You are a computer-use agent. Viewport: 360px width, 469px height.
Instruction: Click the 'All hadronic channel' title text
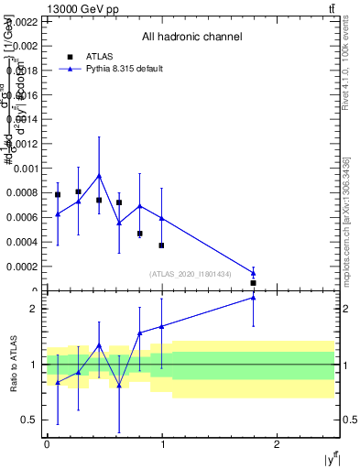click(x=191, y=38)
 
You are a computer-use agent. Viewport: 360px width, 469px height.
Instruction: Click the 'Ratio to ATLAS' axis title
click(x=14, y=365)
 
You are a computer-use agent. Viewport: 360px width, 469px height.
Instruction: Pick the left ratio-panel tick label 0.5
click(x=29, y=420)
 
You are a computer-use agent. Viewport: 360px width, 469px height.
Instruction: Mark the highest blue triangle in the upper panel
click(x=99, y=175)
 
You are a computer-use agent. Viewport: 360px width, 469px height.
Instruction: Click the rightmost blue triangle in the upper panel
click(x=253, y=272)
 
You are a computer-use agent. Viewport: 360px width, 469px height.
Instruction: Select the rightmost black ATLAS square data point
click(x=253, y=283)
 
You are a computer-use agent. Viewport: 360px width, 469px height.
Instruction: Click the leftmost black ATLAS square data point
click(x=58, y=194)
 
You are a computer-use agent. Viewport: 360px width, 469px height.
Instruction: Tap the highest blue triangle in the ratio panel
click(x=253, y=297)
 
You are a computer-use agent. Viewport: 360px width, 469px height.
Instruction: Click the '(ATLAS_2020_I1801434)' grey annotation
click(x=191, y=274)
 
